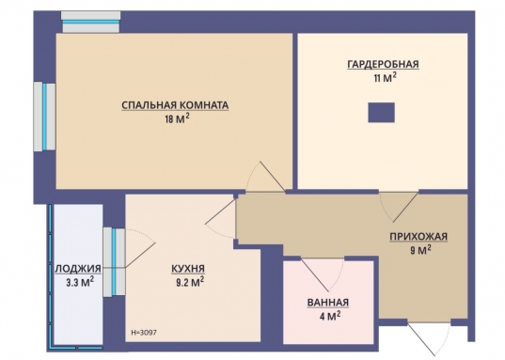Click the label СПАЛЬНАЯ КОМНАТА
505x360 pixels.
[x=175, y=105]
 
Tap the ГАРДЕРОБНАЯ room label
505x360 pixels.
[x=383, y=64]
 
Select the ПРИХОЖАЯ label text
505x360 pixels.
[x=418, y=236]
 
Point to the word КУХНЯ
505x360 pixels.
[x=188, y=268]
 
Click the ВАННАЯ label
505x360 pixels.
[x=328, y=303]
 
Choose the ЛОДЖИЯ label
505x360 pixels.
[x=79, y=268]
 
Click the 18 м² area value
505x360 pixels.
[x=177, y=118]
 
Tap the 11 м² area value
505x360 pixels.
[x=385, y=77]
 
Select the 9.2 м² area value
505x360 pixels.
[x=190, y=282]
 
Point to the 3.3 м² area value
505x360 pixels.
[x=80, y=282]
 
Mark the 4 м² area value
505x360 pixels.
[x=330, y=316]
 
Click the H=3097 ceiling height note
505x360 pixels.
[x=144, y=333]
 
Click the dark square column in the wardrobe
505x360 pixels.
[x=381, y=113]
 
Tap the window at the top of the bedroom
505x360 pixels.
[x=91, y=22]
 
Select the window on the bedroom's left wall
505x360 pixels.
[x=45, y=117]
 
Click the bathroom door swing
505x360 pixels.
[x=323, y=274]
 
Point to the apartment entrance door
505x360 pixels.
[x=429, y=337]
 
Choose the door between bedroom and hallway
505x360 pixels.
[x=266, y=177]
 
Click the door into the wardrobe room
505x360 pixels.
[x=399, y=207]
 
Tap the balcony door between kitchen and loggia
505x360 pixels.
[x=140, y=248]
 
